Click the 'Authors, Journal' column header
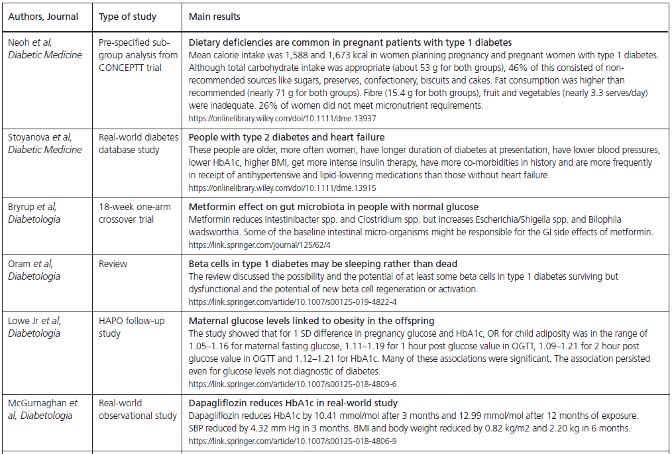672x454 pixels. [44, 16]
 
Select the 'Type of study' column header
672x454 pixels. [127, 16]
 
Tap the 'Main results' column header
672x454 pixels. [215, 16]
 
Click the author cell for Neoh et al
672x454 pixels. [45, 48]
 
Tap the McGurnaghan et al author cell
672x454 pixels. [44, 409]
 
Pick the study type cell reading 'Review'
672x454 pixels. [113, 264]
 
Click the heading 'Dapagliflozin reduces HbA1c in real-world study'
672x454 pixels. [293, 403]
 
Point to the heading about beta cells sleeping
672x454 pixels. [323, 264]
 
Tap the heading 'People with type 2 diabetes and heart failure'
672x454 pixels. [286, 137]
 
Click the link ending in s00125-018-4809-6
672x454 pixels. [293, 383]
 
